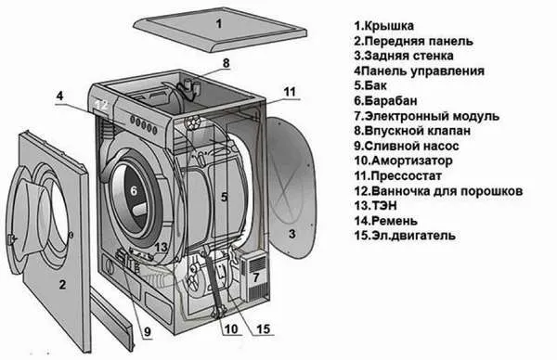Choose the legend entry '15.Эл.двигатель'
[x=405, y=237]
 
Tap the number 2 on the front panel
[x=61, y=284]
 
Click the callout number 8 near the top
[x=224, y=63]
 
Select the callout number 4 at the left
[x=58, y=96]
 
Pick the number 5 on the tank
[x=225, y=197]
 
